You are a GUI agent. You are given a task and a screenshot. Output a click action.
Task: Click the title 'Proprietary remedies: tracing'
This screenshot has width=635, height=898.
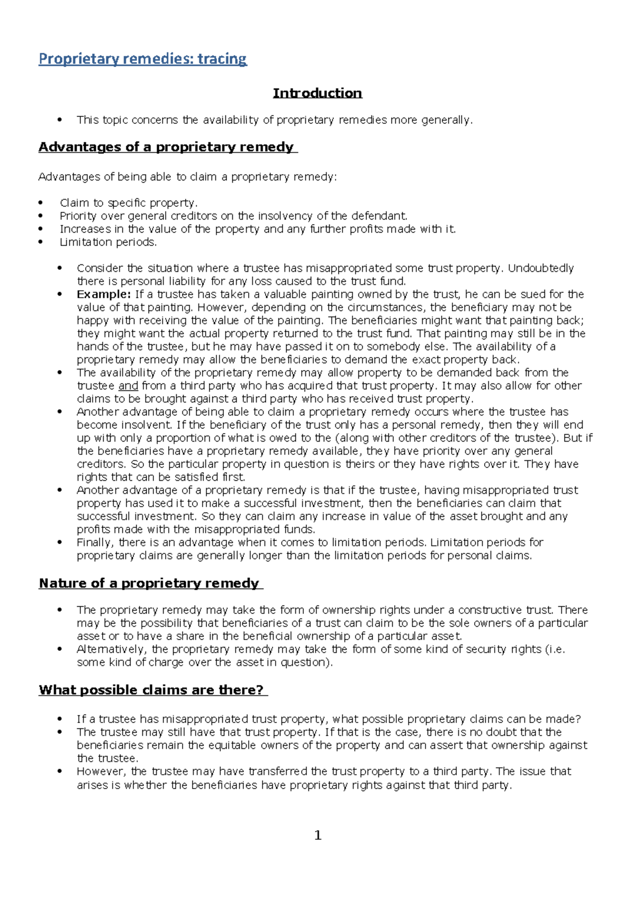142,59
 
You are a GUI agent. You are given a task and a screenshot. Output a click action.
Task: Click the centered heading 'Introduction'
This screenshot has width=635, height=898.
317,93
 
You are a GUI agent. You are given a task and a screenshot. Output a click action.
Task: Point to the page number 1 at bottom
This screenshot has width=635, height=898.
317,835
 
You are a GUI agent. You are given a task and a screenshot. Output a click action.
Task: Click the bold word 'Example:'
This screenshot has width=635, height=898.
103,294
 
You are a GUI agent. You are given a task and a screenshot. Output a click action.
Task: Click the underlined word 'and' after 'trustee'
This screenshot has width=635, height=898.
128,386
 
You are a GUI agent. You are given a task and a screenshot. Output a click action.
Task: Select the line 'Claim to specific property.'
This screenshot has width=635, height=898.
129,203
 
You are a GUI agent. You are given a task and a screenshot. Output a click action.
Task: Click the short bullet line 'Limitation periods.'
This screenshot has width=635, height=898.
108,242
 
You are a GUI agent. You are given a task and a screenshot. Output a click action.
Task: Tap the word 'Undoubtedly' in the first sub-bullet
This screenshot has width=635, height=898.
540,268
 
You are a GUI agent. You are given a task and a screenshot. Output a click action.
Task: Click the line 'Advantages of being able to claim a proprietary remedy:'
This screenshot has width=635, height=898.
187,177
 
